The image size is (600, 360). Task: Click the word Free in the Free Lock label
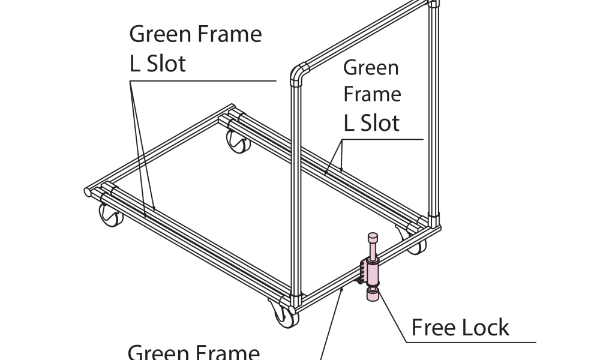click(x=433, y=328)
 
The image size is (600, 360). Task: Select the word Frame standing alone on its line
click(x=372, y=95)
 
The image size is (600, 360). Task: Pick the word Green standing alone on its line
click(x=371, y=67)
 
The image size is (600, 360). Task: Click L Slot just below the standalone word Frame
click(x=371, y=123)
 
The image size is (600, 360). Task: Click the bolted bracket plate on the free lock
click(x=363, y=271)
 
